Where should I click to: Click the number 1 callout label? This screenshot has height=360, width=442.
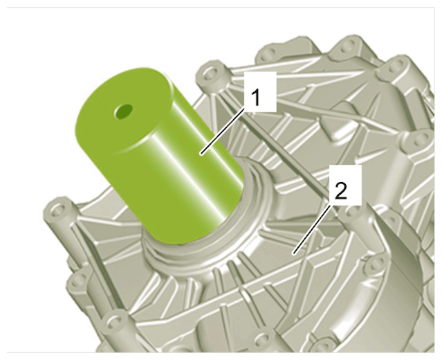click(259, 92)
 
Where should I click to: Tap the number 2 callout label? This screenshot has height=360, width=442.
click(345, 185)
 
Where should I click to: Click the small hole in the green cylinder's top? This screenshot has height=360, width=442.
click(123, 111)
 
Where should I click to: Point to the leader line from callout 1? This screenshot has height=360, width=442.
click(222, 132)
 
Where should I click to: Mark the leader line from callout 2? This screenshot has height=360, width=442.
click(312, 229)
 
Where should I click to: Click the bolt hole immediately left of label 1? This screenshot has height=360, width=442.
click(210, 75)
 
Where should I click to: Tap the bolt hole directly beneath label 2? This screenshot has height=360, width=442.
click(352, 212)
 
